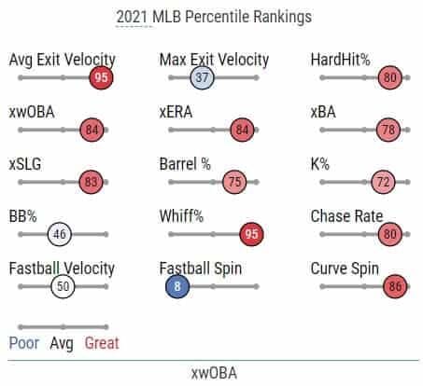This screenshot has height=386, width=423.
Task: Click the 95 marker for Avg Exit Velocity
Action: coord(101,77)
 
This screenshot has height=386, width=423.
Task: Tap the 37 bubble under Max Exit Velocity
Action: coord(203,77)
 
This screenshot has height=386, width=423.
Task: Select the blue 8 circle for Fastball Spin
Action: coord(177,286)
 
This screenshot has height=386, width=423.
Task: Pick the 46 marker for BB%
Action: coord(60,234)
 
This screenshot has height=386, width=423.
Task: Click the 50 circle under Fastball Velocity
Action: coord(63,286)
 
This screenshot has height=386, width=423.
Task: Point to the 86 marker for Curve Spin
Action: coord(395,286)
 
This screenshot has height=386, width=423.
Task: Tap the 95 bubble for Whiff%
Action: coord(251,234)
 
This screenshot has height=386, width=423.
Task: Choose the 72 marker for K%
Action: coord(383,182)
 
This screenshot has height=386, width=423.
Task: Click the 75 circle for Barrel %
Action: coord(234,182)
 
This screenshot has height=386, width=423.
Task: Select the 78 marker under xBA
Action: coord(388,130)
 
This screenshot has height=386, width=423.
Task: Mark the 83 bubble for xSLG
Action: coord(91,182)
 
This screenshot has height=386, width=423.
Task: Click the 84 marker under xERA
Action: coord(242,130)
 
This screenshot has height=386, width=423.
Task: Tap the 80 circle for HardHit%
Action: coord(390,77)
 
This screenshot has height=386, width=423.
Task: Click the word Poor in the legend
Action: coord(24,343)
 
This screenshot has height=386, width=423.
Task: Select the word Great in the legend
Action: coord(102,343)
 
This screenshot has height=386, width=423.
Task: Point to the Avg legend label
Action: coord(62,344)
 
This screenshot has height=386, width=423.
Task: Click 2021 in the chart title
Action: coord(132,17)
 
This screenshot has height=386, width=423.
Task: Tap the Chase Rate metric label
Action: coord(346,216)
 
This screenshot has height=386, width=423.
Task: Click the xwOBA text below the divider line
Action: coord(214,373)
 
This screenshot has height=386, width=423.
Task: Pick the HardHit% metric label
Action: coord(341,60)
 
